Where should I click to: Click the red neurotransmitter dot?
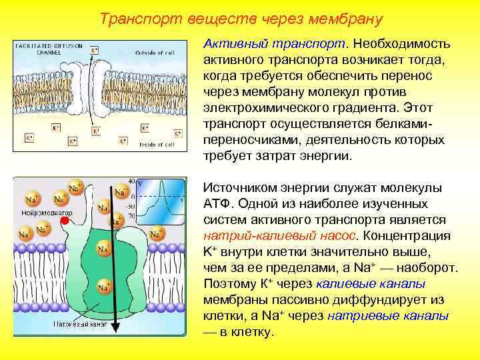coord(64,220)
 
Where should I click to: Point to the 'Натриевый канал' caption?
coord(80,324)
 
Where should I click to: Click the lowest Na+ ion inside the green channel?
coord(104,287)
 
